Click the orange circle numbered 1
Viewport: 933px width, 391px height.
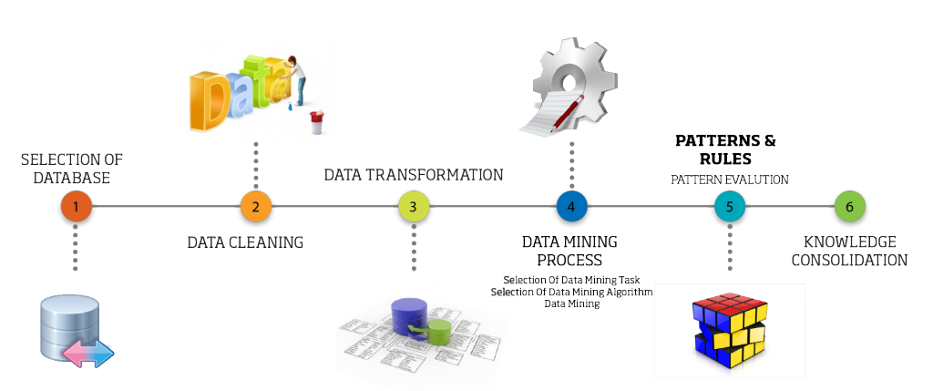tap(75, 207)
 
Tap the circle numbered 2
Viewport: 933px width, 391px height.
tap(256, 207)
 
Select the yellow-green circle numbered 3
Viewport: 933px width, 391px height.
tap(414, 207)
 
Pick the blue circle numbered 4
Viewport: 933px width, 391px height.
tap(571, 207)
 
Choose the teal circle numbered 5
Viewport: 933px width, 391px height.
tap(729, 207)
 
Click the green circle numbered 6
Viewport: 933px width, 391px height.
tap(849, 207)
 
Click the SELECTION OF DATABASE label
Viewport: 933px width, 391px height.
tap(72, 169)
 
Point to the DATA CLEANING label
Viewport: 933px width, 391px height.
tap(245, 242)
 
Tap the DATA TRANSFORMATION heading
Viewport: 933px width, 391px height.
tap(414, 174)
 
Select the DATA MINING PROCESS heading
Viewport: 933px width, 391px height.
tap(569, 251)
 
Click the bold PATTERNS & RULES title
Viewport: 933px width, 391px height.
tap(725, 149)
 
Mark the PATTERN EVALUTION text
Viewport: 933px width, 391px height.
tap(730, 180)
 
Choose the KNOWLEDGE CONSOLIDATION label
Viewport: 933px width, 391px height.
tap(849, 251)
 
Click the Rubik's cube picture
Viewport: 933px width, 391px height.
tap(731, 330)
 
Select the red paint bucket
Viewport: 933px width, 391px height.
tap(317, 121)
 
